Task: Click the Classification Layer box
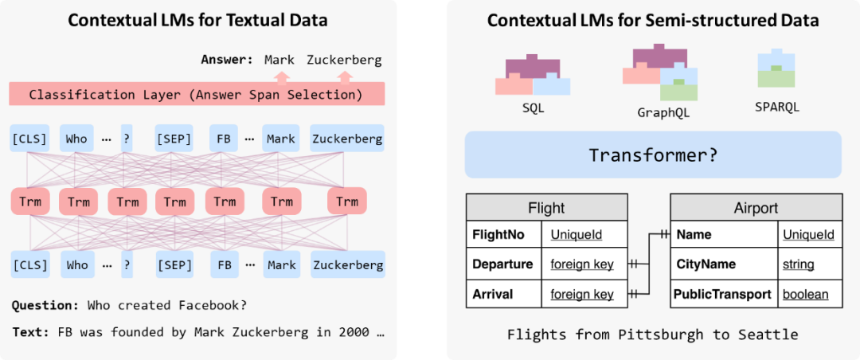tap(196, 95)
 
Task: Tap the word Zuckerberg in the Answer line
tap(344, 60)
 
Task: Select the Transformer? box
tap(653, 155)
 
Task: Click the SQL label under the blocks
tap(533, 108)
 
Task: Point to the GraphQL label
tap(663, 112)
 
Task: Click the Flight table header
tap(546, 209)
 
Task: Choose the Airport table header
tap(756, 209)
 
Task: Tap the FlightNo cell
tap(502, 235)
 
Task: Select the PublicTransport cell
tap(723, 294)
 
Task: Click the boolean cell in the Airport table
tap(805, 294)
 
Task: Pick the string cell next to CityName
tap(798, 264)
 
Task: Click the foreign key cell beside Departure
tap(582, 264)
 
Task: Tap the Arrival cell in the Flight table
tap(493, 294)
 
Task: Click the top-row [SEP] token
tap(174, 139)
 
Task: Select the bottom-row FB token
tap(225, 265)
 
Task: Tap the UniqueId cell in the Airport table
tap(808, 235)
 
